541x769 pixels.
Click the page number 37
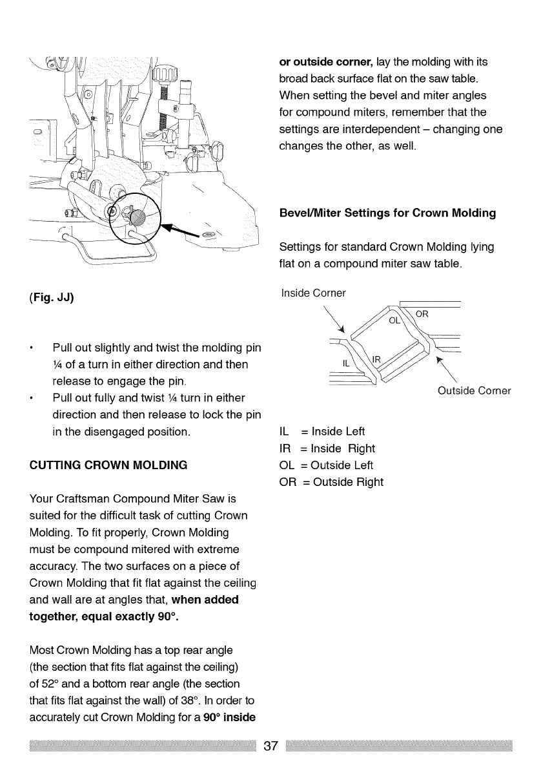271,746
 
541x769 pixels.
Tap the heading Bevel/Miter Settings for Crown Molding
387,213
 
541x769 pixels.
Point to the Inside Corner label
312,293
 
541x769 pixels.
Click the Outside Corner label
474,390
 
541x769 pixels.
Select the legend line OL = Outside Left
327,465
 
